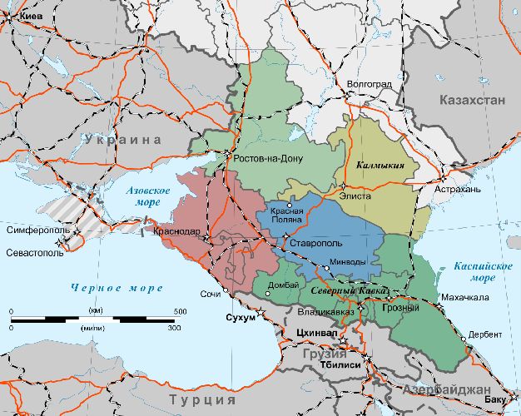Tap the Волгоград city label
pos(369,83)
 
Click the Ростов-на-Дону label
pos(269,158)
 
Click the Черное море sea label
pos(117,288)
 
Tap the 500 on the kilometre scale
pos(180,311)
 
